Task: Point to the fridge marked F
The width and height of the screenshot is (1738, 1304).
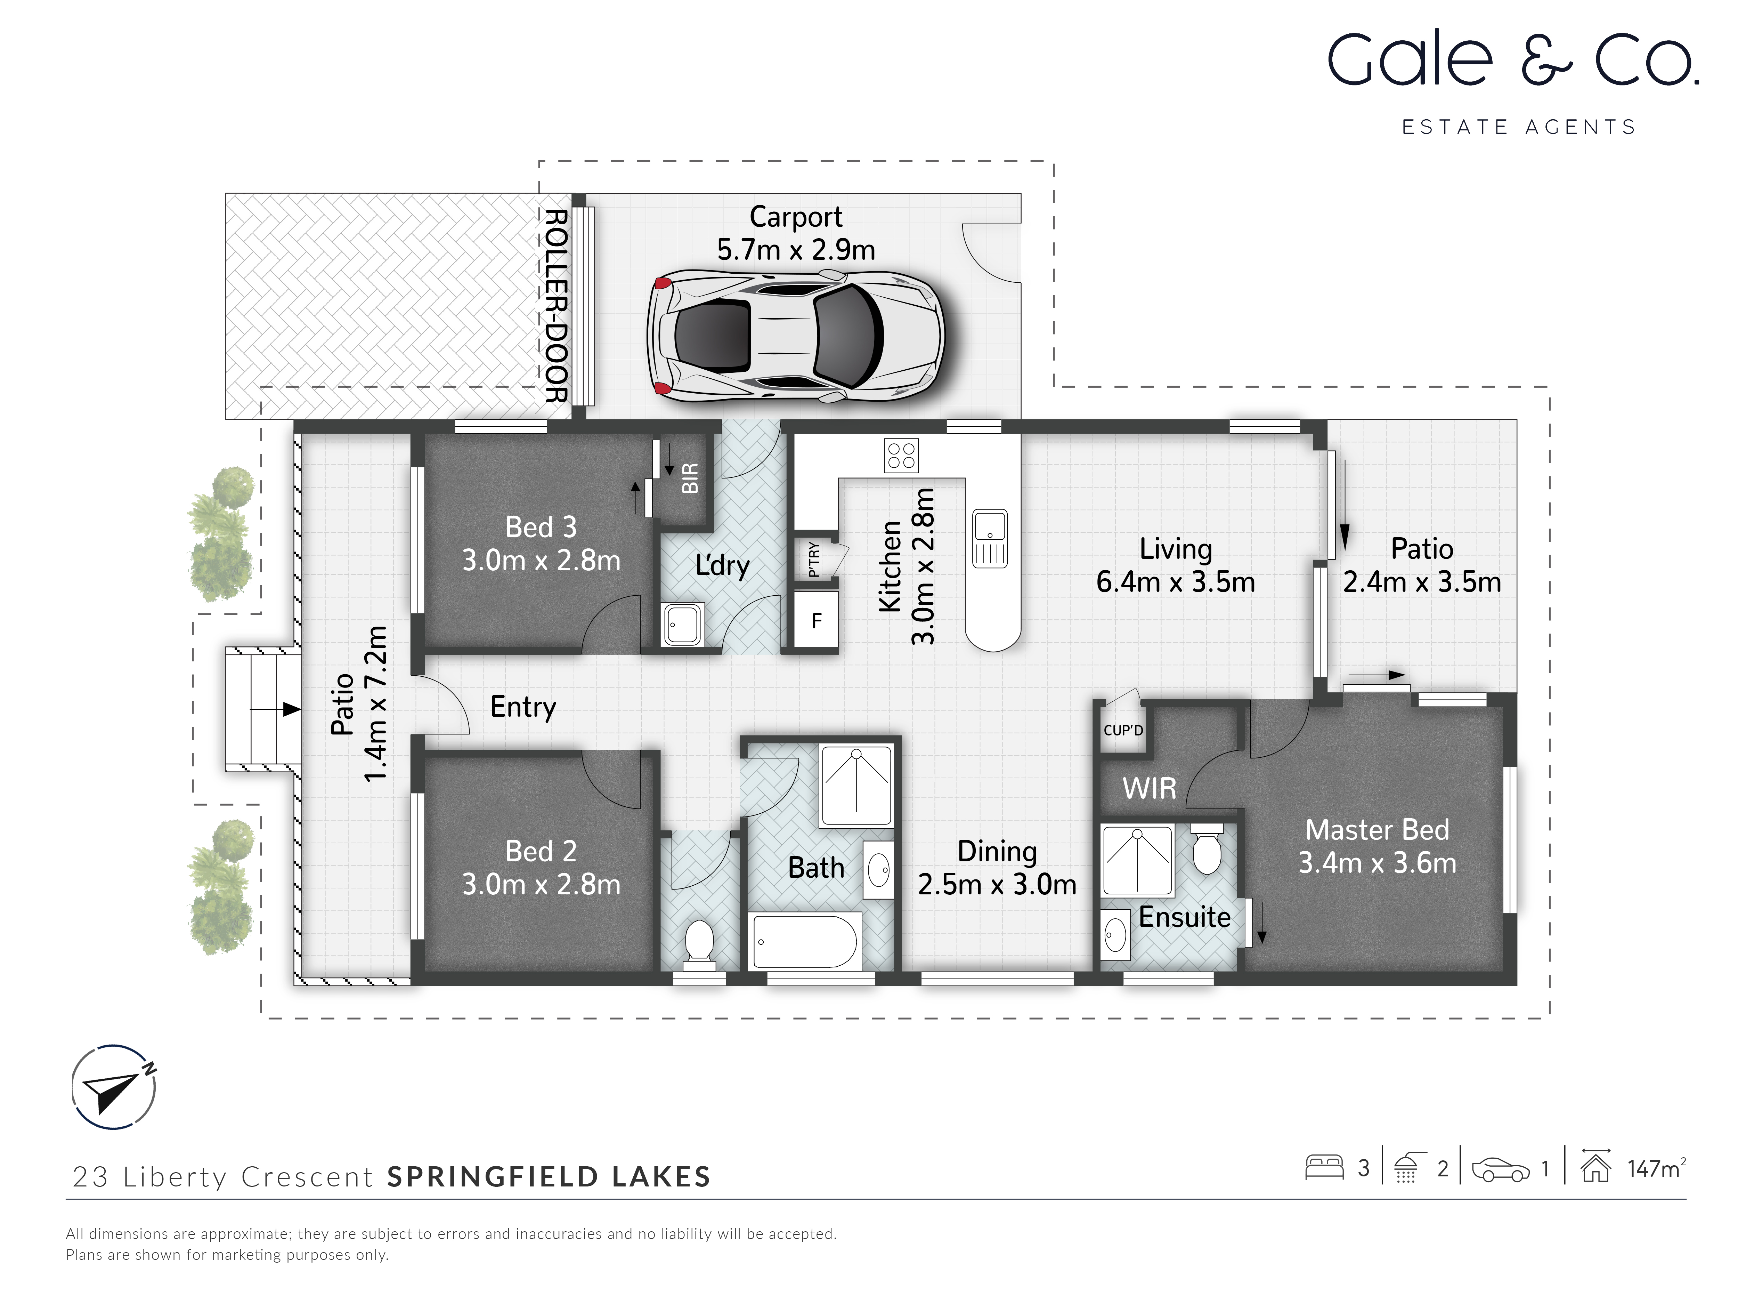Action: pyautogui.click(x=817, y=621)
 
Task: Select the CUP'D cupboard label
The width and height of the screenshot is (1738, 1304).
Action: pyautogui.click(x=1123, y=730)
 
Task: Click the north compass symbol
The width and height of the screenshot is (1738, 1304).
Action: pyautogui.click(x=114, y=1087)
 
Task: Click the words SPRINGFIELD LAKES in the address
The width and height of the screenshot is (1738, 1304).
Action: pyautogui.click(x=549, y=1177)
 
